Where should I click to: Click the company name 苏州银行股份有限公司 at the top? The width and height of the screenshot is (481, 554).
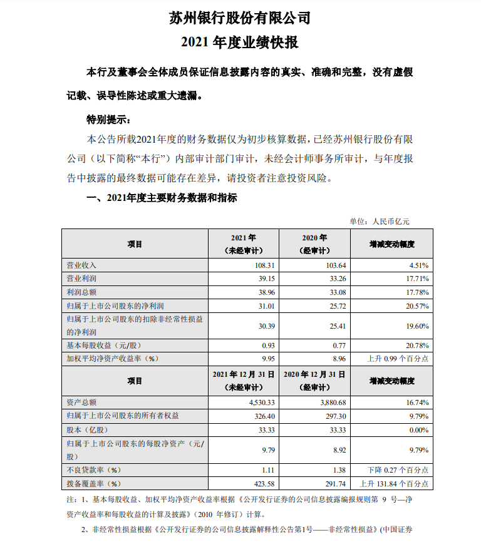(240, 18)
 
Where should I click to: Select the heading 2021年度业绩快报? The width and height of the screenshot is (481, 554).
(240, 43)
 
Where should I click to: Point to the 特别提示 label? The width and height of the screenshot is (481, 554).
(108, 119)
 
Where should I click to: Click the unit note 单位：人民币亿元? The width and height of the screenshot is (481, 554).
(380, 221)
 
